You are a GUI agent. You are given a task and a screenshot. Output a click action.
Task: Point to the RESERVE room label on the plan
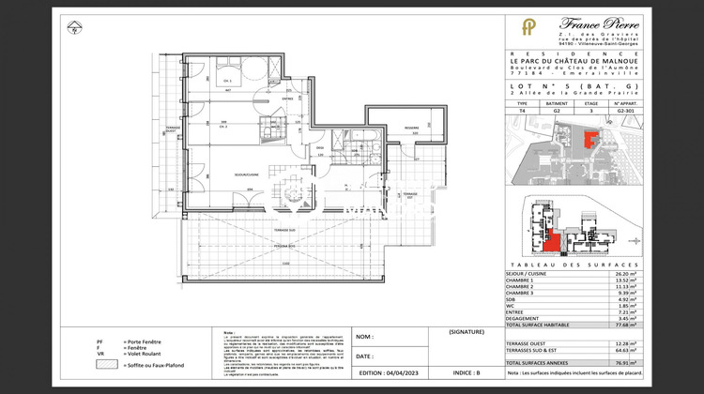coord(411,128)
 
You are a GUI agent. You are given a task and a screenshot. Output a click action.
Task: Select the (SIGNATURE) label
coord(467,332)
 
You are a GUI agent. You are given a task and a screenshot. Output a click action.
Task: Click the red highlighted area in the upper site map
coord(591,141)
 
